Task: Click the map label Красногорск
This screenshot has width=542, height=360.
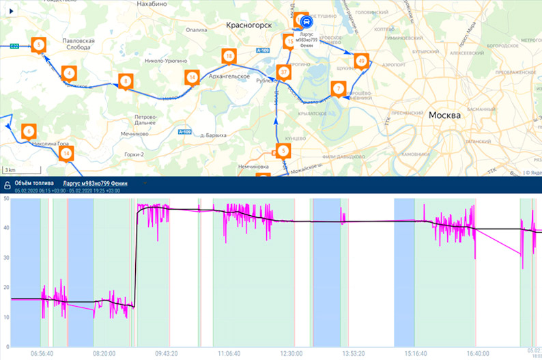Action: [248, 25]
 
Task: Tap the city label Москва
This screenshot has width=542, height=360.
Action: [444, 115]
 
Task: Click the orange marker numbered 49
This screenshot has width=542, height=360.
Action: [361, 61]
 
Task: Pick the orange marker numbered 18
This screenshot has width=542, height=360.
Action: [229, 56]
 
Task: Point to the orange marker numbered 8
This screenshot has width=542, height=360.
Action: [125, 81]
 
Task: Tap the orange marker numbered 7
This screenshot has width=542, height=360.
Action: [338, 88]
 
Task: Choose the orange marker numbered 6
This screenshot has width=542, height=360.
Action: [28, 131]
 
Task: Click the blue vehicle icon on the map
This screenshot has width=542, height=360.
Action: [304, 20]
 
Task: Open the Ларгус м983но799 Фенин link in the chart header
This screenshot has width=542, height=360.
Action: [100, 184]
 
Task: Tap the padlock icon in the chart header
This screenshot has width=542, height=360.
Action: [8, 184]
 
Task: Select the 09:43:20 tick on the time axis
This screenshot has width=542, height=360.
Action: [167, 354]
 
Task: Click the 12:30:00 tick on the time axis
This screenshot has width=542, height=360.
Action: [291, 354]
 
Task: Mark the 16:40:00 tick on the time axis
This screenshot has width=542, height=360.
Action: [478, 354]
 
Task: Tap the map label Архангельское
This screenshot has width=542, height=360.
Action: [229, 77]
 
